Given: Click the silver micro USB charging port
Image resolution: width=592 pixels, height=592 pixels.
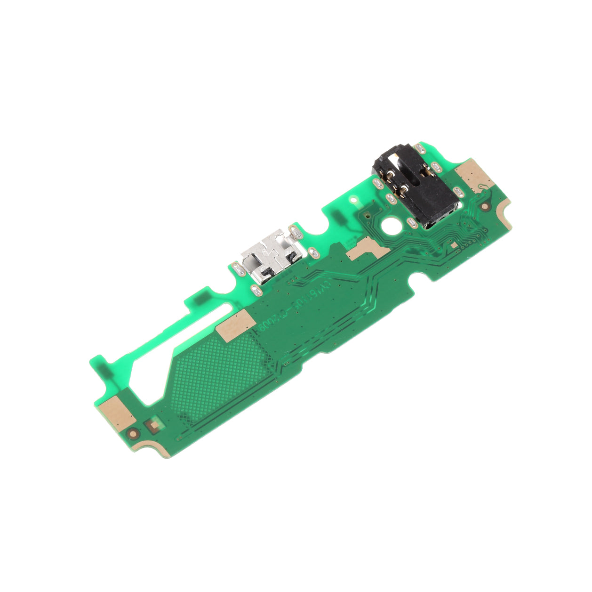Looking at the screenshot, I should tap(269, 257).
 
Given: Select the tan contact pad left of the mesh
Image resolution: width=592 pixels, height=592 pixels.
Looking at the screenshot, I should tap(236, 324).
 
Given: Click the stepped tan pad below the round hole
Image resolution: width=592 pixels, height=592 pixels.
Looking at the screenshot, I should tap(365, 249).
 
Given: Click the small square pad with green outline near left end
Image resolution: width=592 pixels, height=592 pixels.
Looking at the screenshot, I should tap(153, 426).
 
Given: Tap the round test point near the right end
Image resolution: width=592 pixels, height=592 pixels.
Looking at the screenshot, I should tap(485, 206).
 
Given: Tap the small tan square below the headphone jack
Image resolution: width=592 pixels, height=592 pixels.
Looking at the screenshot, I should tap(454, 245).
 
